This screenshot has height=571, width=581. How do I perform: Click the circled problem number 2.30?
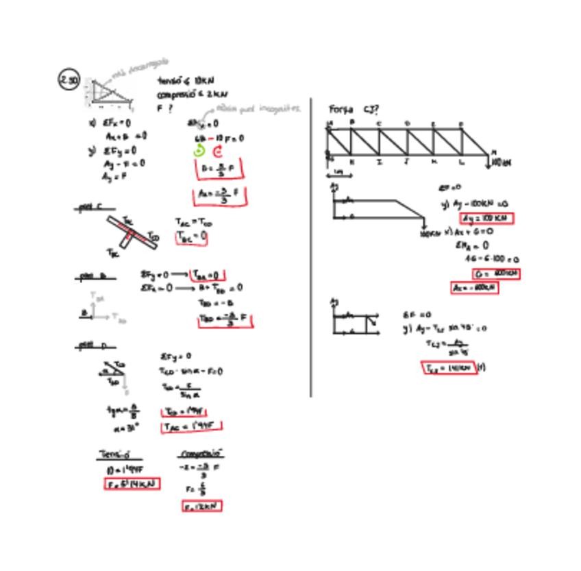tap(70, 81)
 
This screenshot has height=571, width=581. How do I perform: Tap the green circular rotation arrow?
tap(200, 151)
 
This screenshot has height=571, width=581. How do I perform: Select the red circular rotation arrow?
tap(219, 151)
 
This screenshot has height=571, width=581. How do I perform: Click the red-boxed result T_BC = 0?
tap(191, 237)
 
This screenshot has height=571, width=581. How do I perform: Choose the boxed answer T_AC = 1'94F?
tap(192, 426)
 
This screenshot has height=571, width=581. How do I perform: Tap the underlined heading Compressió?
tap(201, 454)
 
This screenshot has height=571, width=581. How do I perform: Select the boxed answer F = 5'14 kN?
tap(132, 483)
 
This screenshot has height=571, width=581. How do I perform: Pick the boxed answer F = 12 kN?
tap(202, 507)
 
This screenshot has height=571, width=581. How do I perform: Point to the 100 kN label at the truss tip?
tap(502, 162)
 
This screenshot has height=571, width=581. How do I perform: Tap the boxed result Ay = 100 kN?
tap(486, 219)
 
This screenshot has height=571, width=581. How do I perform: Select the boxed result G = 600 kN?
tap(496, 274)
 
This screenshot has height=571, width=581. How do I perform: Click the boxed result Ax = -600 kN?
tap(474, 288)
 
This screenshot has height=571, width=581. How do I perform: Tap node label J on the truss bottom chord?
tap(406, 162)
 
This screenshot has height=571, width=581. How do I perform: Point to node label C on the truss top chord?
tap(379, 123)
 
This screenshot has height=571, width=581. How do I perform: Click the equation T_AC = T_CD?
tap(193, 223)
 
